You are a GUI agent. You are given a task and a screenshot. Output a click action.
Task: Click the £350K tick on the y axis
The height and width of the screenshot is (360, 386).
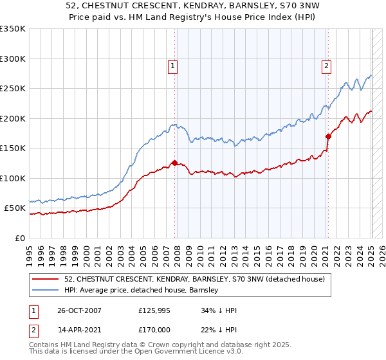(x=13, y=29)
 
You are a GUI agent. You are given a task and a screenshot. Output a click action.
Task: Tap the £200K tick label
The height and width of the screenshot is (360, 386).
(x=13, y=118)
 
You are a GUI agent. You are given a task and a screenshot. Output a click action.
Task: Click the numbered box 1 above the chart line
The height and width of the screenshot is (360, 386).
(x=173, y=65)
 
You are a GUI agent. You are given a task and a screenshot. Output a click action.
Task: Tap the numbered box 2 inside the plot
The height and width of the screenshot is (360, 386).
(x=327, y=65)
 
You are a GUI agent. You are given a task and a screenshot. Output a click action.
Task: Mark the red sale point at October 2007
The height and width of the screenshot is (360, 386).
(x=174, y=163)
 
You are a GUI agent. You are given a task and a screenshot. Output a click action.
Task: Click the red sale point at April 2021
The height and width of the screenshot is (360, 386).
(x=328, y=136)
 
